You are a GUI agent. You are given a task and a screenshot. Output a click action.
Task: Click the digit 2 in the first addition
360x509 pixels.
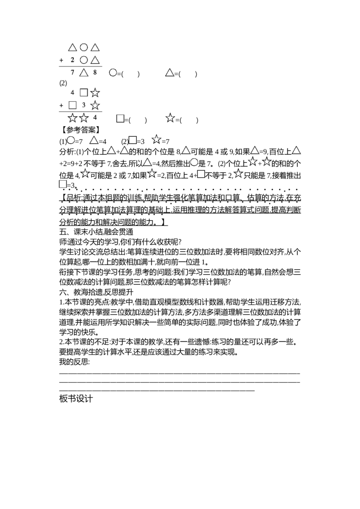point(72,60)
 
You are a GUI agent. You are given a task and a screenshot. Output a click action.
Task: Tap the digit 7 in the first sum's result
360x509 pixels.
point(72,72)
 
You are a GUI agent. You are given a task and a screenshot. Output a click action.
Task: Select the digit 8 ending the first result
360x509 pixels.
point(95,72)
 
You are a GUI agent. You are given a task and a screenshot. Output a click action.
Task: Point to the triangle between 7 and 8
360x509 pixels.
point(84,72)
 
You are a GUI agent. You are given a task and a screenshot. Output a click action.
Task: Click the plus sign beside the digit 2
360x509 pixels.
point(61,60)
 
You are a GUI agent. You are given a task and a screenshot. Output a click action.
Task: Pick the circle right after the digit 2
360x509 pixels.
point(84,60)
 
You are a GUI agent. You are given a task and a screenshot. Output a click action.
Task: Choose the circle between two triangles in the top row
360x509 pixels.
point(84,48)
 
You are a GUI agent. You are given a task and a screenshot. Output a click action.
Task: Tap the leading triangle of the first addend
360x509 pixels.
point(72,48)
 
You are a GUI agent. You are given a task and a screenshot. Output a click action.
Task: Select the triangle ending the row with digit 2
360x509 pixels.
point(95,60)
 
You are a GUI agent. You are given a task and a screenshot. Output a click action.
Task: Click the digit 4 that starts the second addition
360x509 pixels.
point(72,93)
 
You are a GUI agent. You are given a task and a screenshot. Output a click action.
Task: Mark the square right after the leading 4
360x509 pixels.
point(84,93)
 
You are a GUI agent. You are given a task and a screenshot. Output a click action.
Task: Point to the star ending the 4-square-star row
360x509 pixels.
point(95,93)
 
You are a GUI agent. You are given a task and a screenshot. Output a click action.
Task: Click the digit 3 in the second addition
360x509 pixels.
point(84,105)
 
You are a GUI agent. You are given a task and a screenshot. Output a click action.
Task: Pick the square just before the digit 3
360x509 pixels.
point(72,105)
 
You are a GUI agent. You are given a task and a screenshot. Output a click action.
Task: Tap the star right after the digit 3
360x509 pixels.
point(95,105)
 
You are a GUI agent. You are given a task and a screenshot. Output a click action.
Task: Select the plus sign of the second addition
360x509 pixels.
point(61,105)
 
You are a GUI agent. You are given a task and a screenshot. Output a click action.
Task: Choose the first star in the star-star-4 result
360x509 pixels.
point(72,118)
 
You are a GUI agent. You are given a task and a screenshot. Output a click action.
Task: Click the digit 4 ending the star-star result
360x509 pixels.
point(95,118)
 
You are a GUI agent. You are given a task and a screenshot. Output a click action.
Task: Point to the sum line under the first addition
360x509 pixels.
point(81,66)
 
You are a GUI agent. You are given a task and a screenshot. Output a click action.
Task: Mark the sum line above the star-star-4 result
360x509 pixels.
point(81,112)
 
